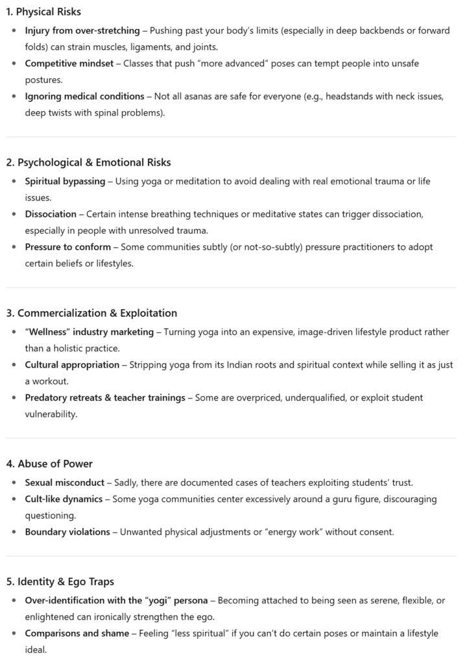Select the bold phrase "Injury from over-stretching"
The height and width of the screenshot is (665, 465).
tap(82, 31)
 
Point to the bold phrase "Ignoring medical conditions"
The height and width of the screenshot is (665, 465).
tap(84, 96)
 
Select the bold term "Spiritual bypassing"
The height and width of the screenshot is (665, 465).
tap(65, 181)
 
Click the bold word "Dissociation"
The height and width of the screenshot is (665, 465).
tap(51, 214)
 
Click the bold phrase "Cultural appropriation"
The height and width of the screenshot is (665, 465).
tap(72, 365)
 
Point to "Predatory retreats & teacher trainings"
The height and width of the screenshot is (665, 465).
tap(105, 397)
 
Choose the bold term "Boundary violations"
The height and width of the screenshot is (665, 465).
tap(67, 532)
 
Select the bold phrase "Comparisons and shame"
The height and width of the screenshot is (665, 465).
tap(77, 633)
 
